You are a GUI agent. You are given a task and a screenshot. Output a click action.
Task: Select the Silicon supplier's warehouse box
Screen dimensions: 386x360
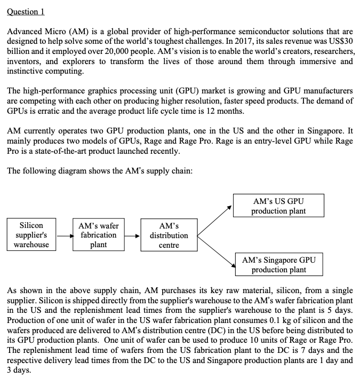click(x=31, y=235)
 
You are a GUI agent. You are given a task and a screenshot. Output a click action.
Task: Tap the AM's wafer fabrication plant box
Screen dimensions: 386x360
click(x=98, y=235)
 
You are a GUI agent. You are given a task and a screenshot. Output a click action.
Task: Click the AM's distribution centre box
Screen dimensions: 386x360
click(x=169, y=235)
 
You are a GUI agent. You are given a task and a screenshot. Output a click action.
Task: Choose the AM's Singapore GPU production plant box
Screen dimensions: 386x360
click(x=278, y=265)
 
